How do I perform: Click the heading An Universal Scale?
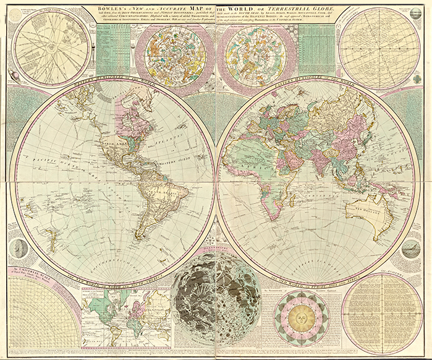31,272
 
